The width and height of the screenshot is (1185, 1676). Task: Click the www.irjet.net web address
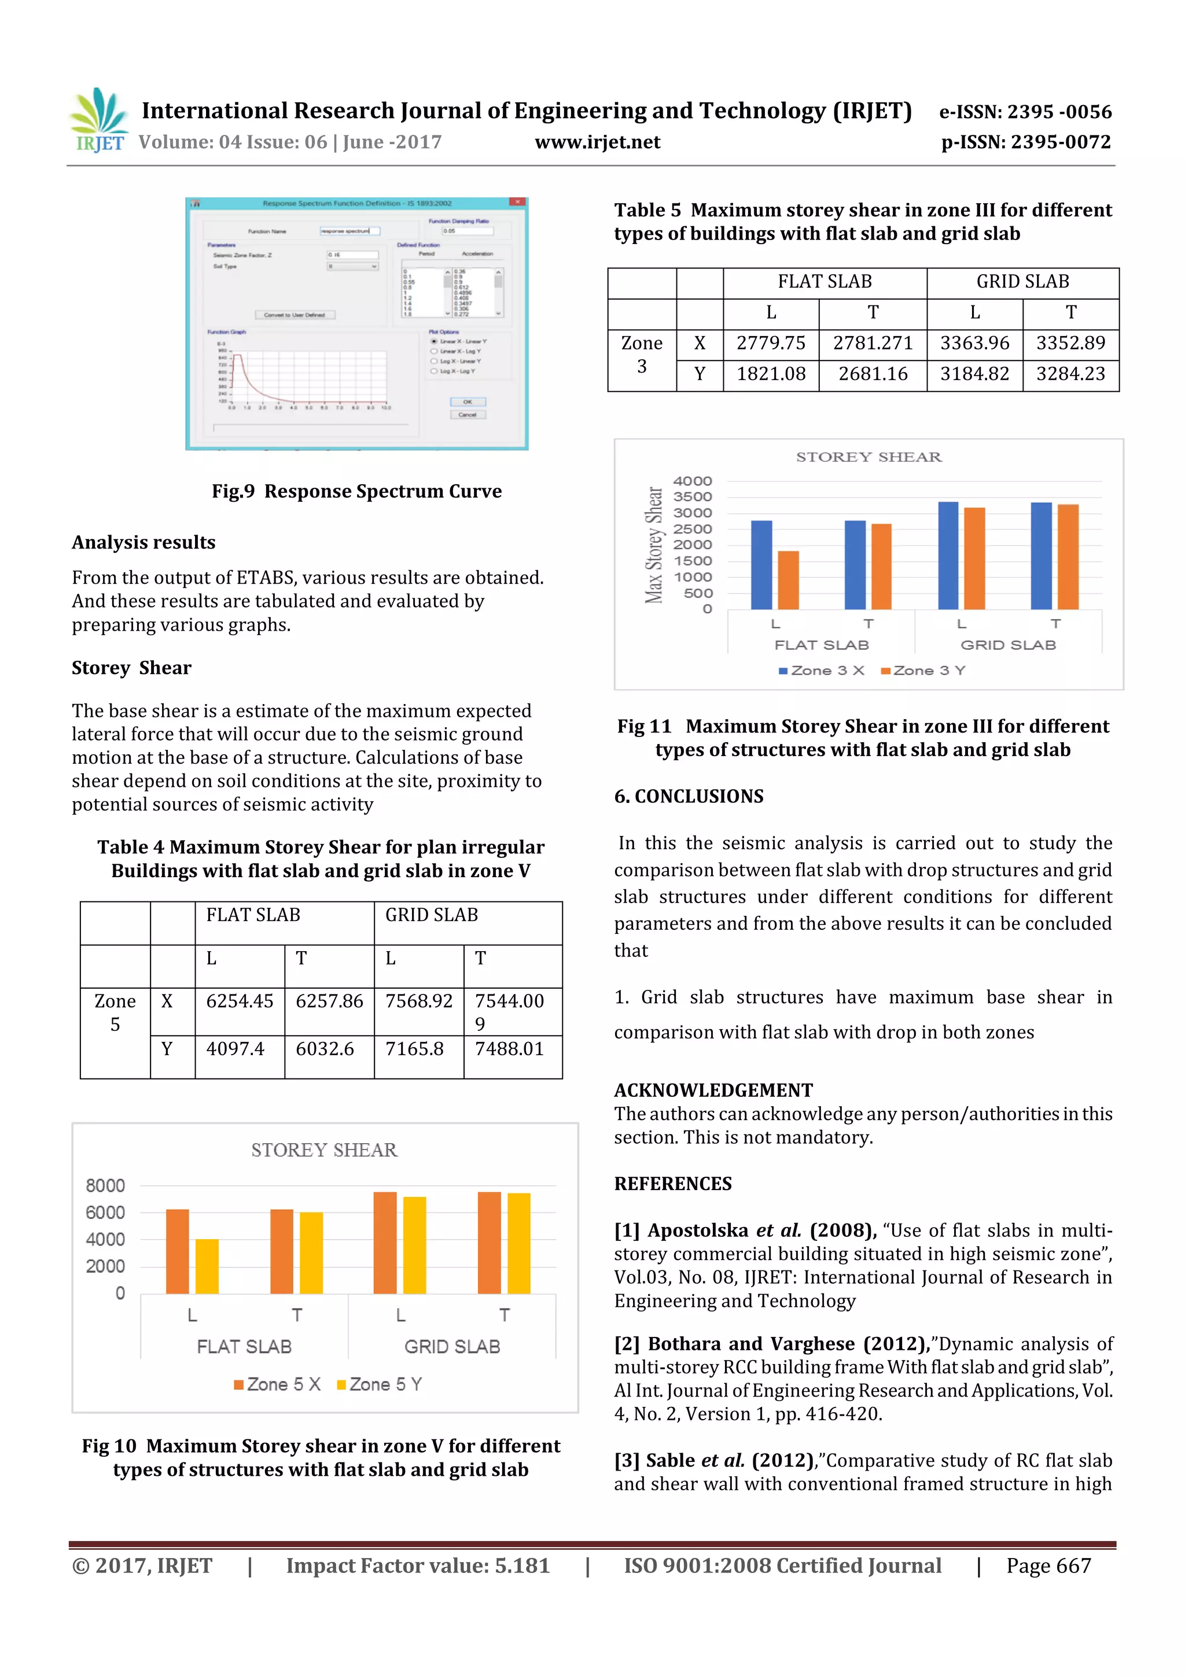tap(597, 142)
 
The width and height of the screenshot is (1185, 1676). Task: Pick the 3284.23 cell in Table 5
tap(1070, 374)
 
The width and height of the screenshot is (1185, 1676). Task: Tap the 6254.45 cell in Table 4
tap(240, 1001)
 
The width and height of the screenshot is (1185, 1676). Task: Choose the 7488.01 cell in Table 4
tap(509, 1049)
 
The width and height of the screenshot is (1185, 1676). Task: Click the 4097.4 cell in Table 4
tap(234, 1049)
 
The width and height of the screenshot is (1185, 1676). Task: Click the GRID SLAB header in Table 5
tap(1022, 282)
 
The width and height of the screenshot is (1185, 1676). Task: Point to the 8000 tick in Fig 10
tap(105, 1185)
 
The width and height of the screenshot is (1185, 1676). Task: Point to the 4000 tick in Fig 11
tap(692, 481)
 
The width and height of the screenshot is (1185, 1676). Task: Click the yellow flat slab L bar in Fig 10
tap(207, 1266)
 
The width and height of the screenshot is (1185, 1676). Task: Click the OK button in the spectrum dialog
tap(468, 402)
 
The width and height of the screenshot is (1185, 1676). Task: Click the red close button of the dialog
tap(517, 202)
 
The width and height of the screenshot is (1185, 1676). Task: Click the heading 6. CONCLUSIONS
tap(689, 797)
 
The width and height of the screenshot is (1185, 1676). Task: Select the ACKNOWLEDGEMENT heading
tap(713, 1090)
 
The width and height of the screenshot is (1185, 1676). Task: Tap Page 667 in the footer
tap(1048, 1566)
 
